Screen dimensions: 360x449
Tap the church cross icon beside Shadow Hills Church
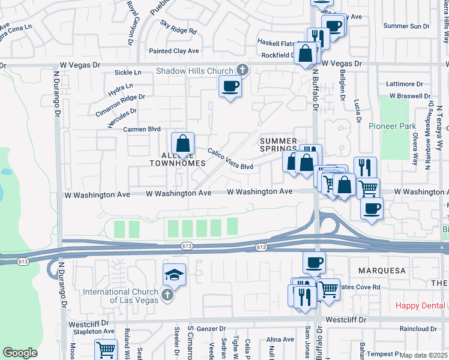pyautogui.click(x=243, y=71)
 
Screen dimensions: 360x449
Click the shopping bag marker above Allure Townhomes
pyautogui.click(x=182, y=145)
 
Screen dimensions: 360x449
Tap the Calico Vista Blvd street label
pyautogui.click(x=230, y=158)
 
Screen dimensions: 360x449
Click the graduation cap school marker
pyautogui.click(x=174, y=275)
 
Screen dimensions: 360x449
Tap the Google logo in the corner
pyautogui.click(x=20, y=353)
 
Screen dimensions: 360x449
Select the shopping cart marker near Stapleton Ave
pyautogui.click(x=106, y=349)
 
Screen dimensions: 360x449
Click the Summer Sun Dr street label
pyautogui.click(x=406, y=26)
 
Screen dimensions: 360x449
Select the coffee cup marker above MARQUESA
pyautogui.click(x=314, y=262)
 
